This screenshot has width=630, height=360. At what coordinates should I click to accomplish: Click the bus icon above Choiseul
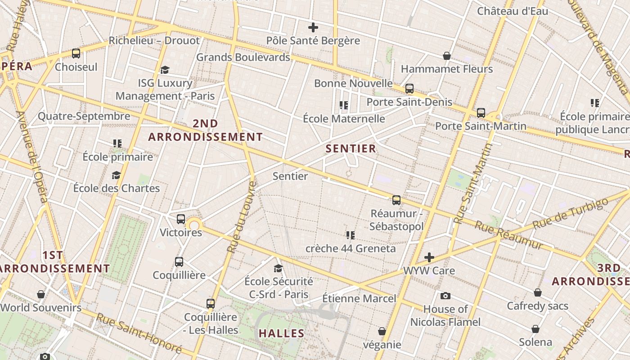pos(76,54)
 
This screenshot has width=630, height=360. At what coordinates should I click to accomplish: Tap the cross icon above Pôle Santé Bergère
pos(313,27)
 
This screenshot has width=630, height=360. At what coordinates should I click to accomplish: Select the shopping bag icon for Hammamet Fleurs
pos(447,56)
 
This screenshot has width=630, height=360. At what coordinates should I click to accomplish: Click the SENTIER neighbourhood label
pos(351,148)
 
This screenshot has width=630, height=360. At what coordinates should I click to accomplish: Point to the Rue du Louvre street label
pos(242,216)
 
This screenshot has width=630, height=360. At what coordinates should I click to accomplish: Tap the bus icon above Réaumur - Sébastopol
pos(396,200)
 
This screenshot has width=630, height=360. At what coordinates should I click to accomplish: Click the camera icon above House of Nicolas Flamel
pos(445,296)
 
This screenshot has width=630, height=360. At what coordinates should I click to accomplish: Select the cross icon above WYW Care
pos(429,257)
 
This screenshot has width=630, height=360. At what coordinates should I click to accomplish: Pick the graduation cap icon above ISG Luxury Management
pos(165,70)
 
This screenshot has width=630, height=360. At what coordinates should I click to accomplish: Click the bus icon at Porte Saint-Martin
pos(481,112)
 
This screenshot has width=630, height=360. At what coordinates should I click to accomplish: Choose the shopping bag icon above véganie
pos(382,332)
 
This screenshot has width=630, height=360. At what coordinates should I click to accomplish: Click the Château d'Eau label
pos(513,11)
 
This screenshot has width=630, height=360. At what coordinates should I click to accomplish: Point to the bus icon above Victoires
pos(181,219)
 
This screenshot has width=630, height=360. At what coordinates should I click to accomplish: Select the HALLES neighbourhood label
pos(281,333)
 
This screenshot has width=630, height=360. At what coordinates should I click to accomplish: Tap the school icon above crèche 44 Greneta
pos(351,235)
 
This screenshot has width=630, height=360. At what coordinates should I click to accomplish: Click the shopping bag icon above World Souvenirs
pos(41,294)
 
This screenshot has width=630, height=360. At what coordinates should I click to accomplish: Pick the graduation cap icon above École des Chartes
pos(117,175)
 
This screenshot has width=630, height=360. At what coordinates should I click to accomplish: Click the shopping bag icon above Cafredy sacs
pos(538,293)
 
